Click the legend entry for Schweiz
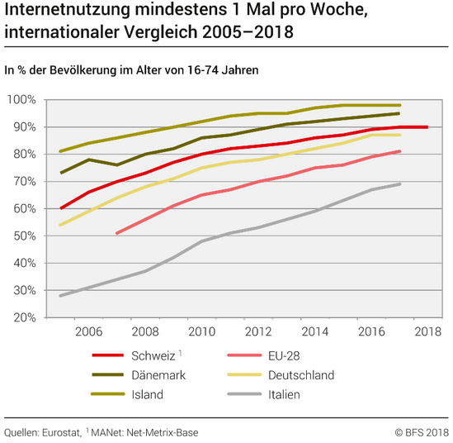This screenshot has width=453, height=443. (153, 356)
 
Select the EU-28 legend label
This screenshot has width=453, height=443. (284, 356)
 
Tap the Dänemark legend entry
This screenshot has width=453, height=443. (158, 375)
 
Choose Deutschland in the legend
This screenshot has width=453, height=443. (301, 375)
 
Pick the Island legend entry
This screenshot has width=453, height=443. (148, 395)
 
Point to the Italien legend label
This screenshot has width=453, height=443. (284, 395)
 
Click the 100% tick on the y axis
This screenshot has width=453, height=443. (21, 100)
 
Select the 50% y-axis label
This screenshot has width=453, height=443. (25, 236)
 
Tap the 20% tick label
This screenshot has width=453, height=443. (25, 317)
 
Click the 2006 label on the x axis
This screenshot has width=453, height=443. (88, 331)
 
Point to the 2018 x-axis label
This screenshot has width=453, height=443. (428, 331)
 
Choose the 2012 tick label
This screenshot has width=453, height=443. (258, 331)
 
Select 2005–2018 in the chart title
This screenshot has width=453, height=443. (248, 31)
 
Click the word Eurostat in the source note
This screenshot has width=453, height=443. (61, 433)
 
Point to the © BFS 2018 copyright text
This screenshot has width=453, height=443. (418, 433)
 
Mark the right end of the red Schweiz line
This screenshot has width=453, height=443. (427, 127)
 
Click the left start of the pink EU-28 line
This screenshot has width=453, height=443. (116, 233)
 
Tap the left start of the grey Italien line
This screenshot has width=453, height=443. (60, 296)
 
